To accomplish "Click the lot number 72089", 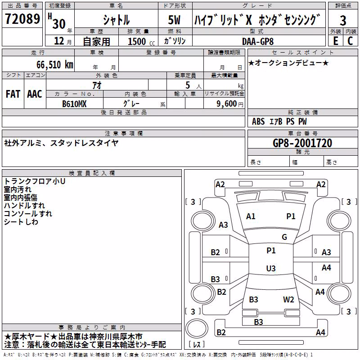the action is click(22, 18).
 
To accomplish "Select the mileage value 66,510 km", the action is click(55, 65).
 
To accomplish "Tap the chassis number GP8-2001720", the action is click(302, 143).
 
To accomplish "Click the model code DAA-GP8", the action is click(258, 41).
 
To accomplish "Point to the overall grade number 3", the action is click(343, 20).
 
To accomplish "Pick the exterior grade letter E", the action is click(336, 41).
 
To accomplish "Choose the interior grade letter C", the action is click(350, 41).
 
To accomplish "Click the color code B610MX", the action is click(74, 104).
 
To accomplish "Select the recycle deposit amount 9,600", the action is click(227, 103).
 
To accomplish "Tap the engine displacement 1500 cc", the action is click(141, 41).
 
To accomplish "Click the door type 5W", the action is click(174, 20).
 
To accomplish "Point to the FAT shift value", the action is click(13, 94).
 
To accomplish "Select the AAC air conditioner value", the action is click(35, 94).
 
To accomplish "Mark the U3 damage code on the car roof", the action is click(271, 268).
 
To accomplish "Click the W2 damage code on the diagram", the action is click(288, 299).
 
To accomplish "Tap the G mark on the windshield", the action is click(284, 237).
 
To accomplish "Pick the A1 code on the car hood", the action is click(251, 216).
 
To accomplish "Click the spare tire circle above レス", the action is click(197, 328).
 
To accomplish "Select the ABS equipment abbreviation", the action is click(258, 121).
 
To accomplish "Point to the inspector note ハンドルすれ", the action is click(24, 206).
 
